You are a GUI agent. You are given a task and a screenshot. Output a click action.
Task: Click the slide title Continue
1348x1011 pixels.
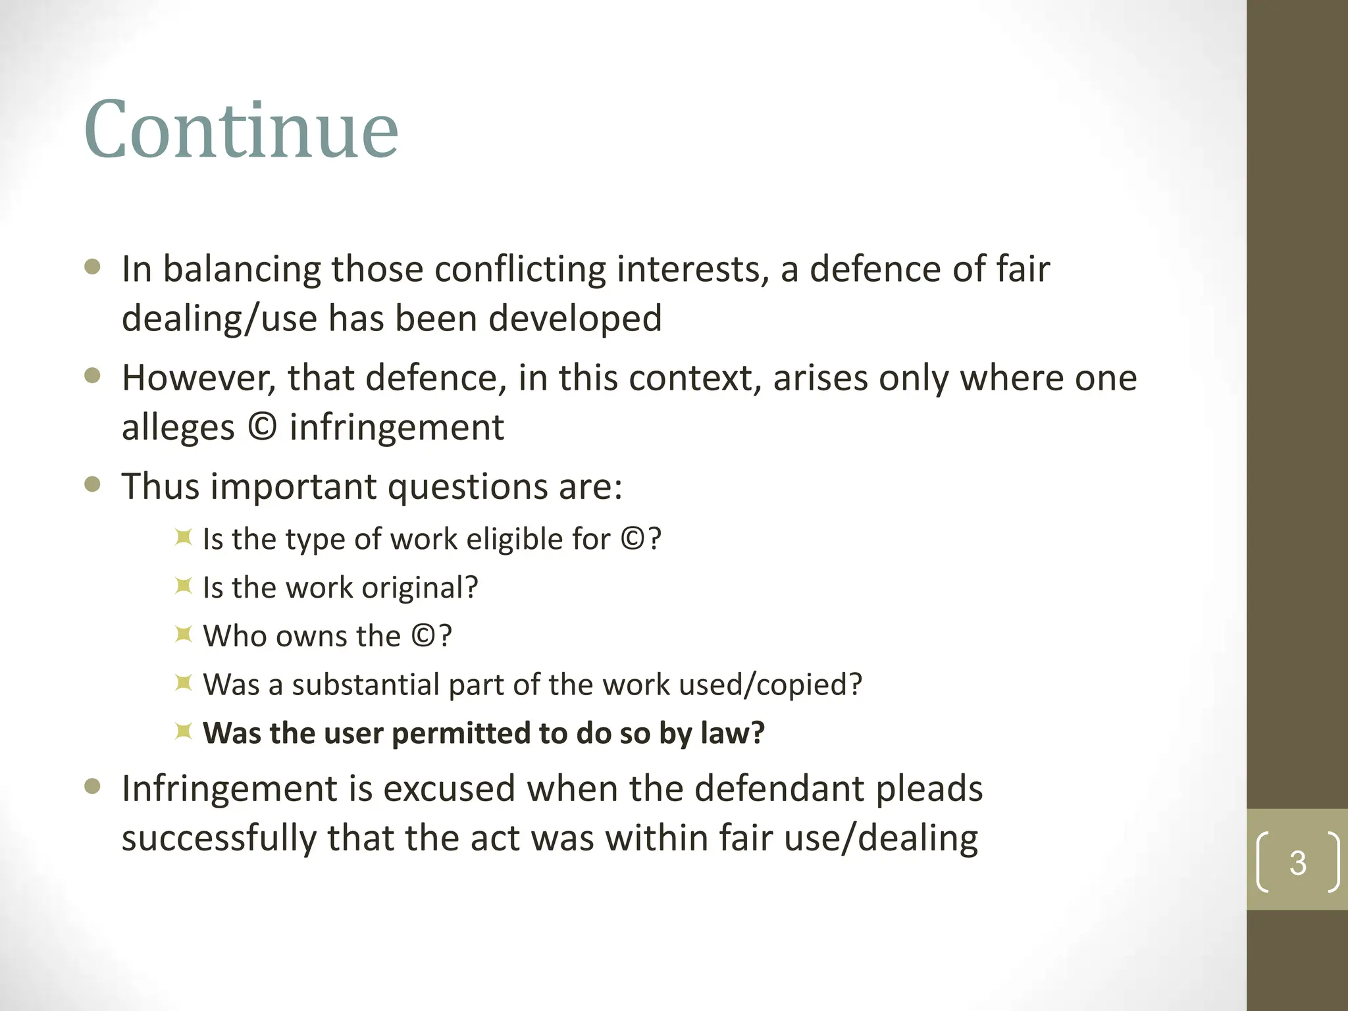241,130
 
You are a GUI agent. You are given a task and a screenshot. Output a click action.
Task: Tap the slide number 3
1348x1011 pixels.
1297,862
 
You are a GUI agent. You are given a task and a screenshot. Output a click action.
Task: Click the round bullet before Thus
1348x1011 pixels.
93,485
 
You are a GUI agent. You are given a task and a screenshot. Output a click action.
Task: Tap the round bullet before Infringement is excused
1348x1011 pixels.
93,787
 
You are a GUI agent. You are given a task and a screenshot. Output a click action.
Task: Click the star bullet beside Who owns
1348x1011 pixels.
184,635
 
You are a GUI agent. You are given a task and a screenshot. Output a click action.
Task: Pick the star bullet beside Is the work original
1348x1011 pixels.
184,586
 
